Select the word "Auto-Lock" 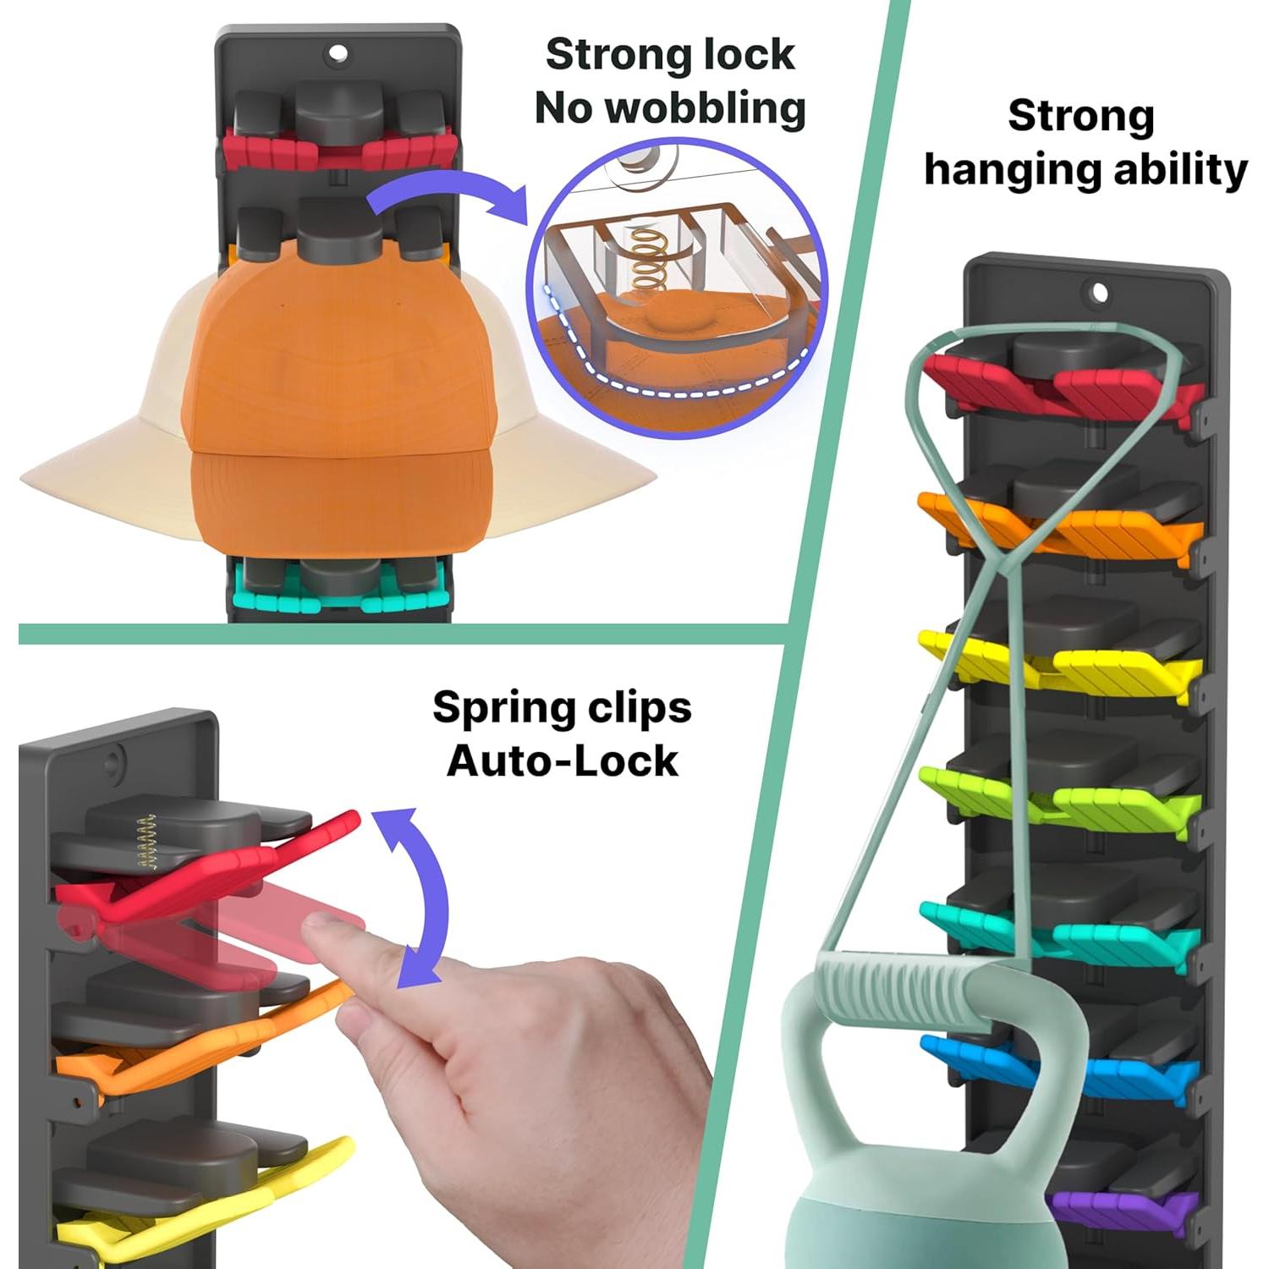(x=562, y=761)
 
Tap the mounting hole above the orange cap (x=338, y=53)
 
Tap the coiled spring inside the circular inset (x=649, y=260)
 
